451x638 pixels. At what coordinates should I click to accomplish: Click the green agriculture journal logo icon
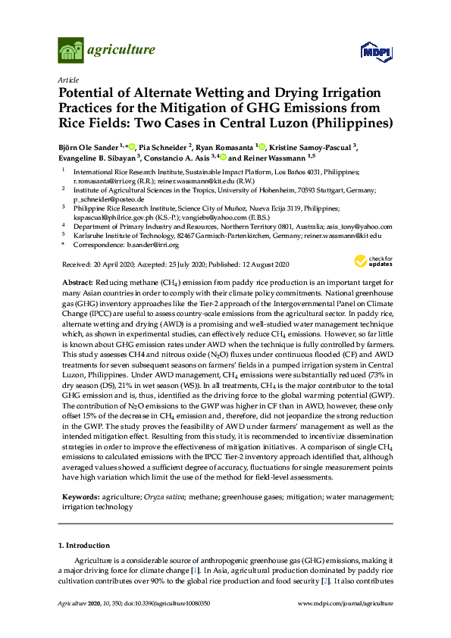70,52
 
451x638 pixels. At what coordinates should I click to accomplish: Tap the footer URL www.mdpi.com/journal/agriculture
346,604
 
